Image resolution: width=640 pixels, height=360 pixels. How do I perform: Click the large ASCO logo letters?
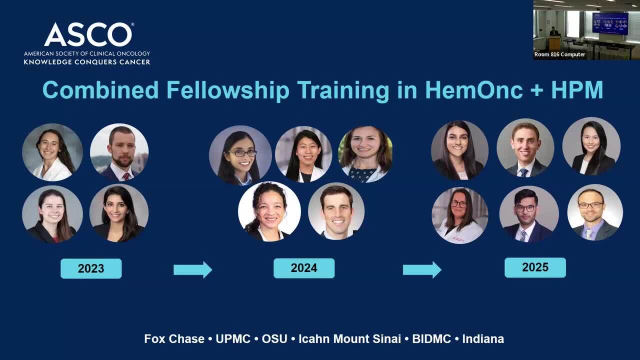point(88,34)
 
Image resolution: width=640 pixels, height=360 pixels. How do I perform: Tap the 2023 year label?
point(91,268)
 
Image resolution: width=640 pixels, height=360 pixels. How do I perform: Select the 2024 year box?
point(304,268)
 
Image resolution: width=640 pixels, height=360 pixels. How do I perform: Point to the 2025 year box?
point(535,267)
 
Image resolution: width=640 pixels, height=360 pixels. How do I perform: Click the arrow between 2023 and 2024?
point(193,269)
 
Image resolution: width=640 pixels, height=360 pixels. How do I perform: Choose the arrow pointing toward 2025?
point(422,269)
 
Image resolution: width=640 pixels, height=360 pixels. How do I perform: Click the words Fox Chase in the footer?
point(174,339)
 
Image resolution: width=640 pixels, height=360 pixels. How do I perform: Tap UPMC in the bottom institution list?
point(233,339)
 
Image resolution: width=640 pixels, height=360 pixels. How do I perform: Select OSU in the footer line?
point(274,339)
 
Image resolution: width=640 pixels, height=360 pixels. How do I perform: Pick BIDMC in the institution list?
point(431,339)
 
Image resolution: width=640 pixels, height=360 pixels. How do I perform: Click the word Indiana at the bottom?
point(483,339)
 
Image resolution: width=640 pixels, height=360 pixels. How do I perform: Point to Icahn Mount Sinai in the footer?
point(349,339)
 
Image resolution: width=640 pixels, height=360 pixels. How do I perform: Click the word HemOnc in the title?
point(474,90)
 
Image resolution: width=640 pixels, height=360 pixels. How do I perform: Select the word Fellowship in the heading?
point(228,90)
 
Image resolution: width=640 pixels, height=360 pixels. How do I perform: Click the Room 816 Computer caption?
point(559,54)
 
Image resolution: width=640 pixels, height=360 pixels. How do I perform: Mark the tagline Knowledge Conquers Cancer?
point(87,62)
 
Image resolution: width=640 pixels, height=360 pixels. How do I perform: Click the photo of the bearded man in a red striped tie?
point(119,152)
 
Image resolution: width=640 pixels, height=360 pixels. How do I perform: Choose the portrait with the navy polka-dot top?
point(365,154)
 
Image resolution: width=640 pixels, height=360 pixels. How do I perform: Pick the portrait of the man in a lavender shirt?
point(595,212)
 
